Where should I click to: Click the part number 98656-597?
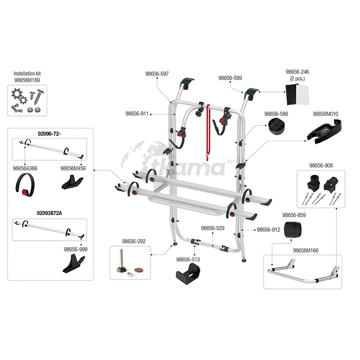tap(157, 73)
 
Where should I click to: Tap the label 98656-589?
tap(230, 78)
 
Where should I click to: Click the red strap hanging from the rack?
tap(208, 130)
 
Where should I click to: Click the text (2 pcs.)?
tap(298, 78)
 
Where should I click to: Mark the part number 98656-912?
tap(268, 229)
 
